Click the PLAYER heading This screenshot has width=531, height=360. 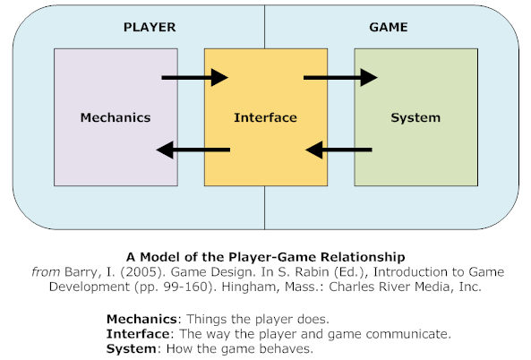pos(150,27)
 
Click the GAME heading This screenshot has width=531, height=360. pos(389,27)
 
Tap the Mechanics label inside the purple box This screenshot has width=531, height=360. pos(116,117)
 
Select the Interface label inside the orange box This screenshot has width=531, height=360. pos(265,117)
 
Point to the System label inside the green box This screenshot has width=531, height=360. pos(416,117)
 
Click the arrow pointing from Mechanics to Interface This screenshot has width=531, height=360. pos(195,78)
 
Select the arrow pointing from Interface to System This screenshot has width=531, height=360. pos(341,78)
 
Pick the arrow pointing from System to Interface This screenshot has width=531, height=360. pos(339,149)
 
